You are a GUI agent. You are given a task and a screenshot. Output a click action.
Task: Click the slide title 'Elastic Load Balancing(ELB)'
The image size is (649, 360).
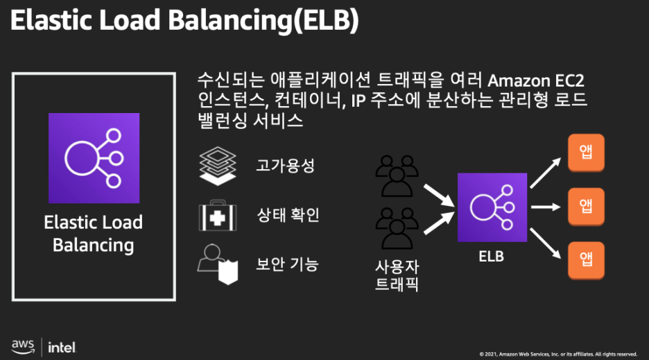pyautogui.click(x=184, y=21)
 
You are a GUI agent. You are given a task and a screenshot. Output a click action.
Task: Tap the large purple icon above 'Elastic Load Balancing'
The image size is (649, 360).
pyautogui.click(x=94, y=158)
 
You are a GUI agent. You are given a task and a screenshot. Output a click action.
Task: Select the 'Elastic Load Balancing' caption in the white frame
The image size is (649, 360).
pyautogui.click(x=94, y=234)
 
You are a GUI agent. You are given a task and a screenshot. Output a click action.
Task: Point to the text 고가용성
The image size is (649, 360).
pyautogui.click(x=285, y=166)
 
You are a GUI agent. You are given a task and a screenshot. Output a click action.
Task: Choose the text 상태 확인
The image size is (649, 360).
pyautogui.click(x=288, y=216)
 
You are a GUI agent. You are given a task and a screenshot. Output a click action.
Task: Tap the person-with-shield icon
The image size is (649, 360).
pyautogui.click(x=218, y=264)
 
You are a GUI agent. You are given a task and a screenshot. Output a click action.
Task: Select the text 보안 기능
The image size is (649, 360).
pyautogui.click(x=288, y=264)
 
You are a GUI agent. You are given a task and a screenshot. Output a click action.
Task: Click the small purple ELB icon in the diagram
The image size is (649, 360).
pyautogui.click(x=491, y=207)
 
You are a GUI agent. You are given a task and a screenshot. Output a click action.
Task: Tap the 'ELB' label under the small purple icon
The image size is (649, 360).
pyautogui.click(x=491, y=257)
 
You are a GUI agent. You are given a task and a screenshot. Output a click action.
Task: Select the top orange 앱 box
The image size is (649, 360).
pyautogui.click(x=586, y=154)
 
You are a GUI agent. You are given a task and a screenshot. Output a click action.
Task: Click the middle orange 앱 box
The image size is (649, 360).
pyautogui.click(x=586, y=207)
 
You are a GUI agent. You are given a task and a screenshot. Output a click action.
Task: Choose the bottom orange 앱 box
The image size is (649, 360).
pyautogui.click(x=586, y=259)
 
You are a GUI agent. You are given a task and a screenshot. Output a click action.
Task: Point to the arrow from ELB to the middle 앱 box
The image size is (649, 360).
pyautogui.click(x=546, y=207)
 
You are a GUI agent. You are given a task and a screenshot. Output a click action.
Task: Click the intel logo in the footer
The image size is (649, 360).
pyautogui.click(x=62, y=346)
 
